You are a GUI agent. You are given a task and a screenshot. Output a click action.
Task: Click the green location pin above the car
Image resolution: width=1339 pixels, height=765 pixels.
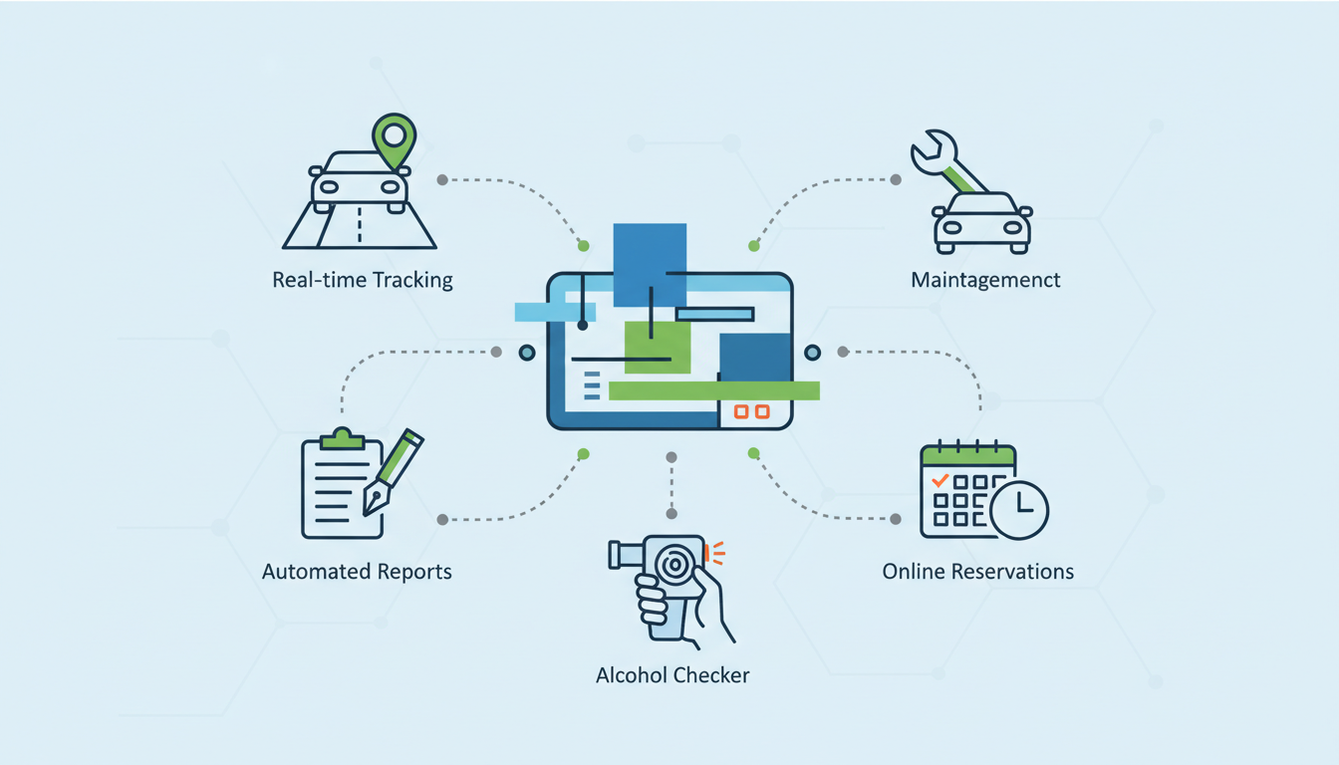395,139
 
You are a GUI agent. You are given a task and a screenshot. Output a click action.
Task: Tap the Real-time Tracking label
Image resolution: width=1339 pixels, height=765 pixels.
363,280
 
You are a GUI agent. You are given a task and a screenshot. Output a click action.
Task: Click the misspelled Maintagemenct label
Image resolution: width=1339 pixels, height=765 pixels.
985,280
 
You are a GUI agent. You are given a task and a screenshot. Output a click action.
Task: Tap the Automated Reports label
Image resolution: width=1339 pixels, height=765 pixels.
357,572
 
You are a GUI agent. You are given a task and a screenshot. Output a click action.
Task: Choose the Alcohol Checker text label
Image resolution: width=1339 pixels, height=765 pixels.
672,674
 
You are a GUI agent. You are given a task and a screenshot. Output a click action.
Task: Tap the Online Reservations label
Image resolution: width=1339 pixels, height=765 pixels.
978,572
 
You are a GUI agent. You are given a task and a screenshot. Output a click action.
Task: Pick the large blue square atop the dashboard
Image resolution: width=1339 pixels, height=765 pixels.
650,264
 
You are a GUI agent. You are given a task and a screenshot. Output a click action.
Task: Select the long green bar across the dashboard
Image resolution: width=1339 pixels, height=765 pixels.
713,390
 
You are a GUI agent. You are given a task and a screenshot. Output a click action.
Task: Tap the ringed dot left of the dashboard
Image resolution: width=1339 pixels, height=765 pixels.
527,353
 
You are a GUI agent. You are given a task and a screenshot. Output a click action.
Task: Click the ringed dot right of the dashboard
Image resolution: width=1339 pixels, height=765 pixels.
812,353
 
